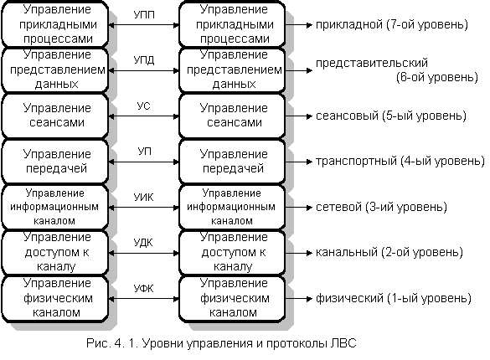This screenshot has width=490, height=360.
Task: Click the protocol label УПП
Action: click(144, 15)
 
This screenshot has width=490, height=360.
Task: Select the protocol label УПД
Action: click(144, 60)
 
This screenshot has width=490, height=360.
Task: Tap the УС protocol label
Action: click(144, 105)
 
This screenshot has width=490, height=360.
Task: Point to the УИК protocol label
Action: click(144, 198)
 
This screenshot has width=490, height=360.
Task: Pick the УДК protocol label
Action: click(143, 243)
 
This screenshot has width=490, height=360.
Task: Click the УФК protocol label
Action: click(144, 288)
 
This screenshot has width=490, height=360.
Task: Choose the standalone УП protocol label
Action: click(144, 152)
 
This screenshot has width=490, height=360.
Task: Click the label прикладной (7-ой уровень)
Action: click(392, 24)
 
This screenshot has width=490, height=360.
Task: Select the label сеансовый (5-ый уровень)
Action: click(391, 116)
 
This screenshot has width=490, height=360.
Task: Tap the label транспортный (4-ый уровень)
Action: click(400, 162)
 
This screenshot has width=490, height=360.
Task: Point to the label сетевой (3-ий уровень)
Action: click(381, 207)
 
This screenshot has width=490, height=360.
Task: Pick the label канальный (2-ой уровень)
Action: click(389, 252)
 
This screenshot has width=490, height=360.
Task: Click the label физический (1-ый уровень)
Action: click(394, 298)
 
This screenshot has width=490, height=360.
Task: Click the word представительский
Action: click(372, 63)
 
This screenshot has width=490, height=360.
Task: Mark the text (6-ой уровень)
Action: click(437, 77)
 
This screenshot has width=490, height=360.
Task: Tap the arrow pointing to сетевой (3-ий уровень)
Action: click(299, 208)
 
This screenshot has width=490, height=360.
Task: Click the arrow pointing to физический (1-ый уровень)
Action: click(299, 299)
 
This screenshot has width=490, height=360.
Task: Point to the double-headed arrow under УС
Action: click(144, 116)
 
